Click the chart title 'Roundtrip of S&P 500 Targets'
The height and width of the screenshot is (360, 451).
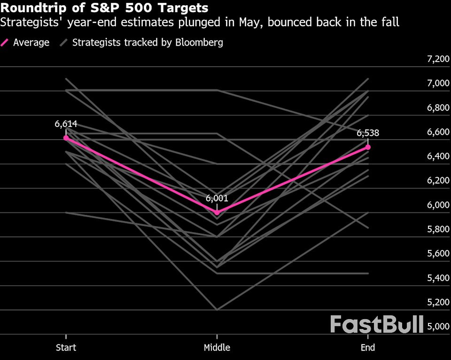click(105, 8)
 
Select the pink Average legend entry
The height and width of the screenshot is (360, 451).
click(25, 42)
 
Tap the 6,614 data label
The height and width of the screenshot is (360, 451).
click(66, 124)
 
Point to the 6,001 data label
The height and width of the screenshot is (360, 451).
click(217, 198)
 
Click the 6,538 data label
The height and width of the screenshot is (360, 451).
click(367, 133)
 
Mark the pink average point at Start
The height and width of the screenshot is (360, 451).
click(66, 138)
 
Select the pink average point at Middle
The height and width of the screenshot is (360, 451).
click(217, 212)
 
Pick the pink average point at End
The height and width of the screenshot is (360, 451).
click(368, 147)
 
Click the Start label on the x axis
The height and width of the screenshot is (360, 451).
click(66, 348)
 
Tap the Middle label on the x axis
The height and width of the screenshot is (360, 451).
click(217, 348)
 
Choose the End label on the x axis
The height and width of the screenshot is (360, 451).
click(368, 348)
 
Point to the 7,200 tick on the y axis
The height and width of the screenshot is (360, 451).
click(437, 59)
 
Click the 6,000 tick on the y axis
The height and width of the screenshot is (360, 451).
click(437, 205)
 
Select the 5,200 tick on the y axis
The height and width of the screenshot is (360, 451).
click(437, 302)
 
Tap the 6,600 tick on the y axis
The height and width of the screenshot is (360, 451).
click(437, 132)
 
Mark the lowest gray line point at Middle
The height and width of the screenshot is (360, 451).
click(217, 310)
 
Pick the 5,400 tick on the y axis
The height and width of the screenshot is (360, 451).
click(437, 278)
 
